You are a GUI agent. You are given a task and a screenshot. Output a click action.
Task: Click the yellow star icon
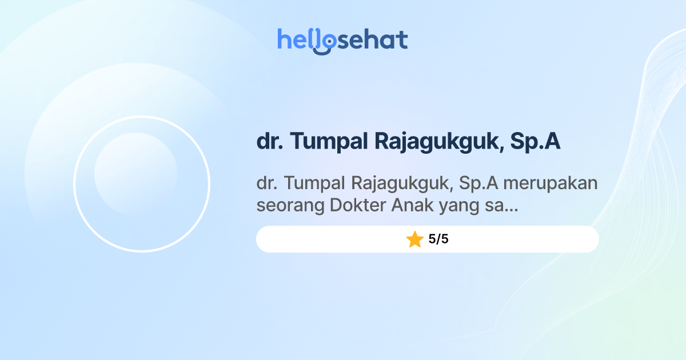[x=414, y=239]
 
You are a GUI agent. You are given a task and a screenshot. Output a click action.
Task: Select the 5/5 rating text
[x=438, y=239]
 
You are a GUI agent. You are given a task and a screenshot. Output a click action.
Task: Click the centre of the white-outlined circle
[x=142, y=184]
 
